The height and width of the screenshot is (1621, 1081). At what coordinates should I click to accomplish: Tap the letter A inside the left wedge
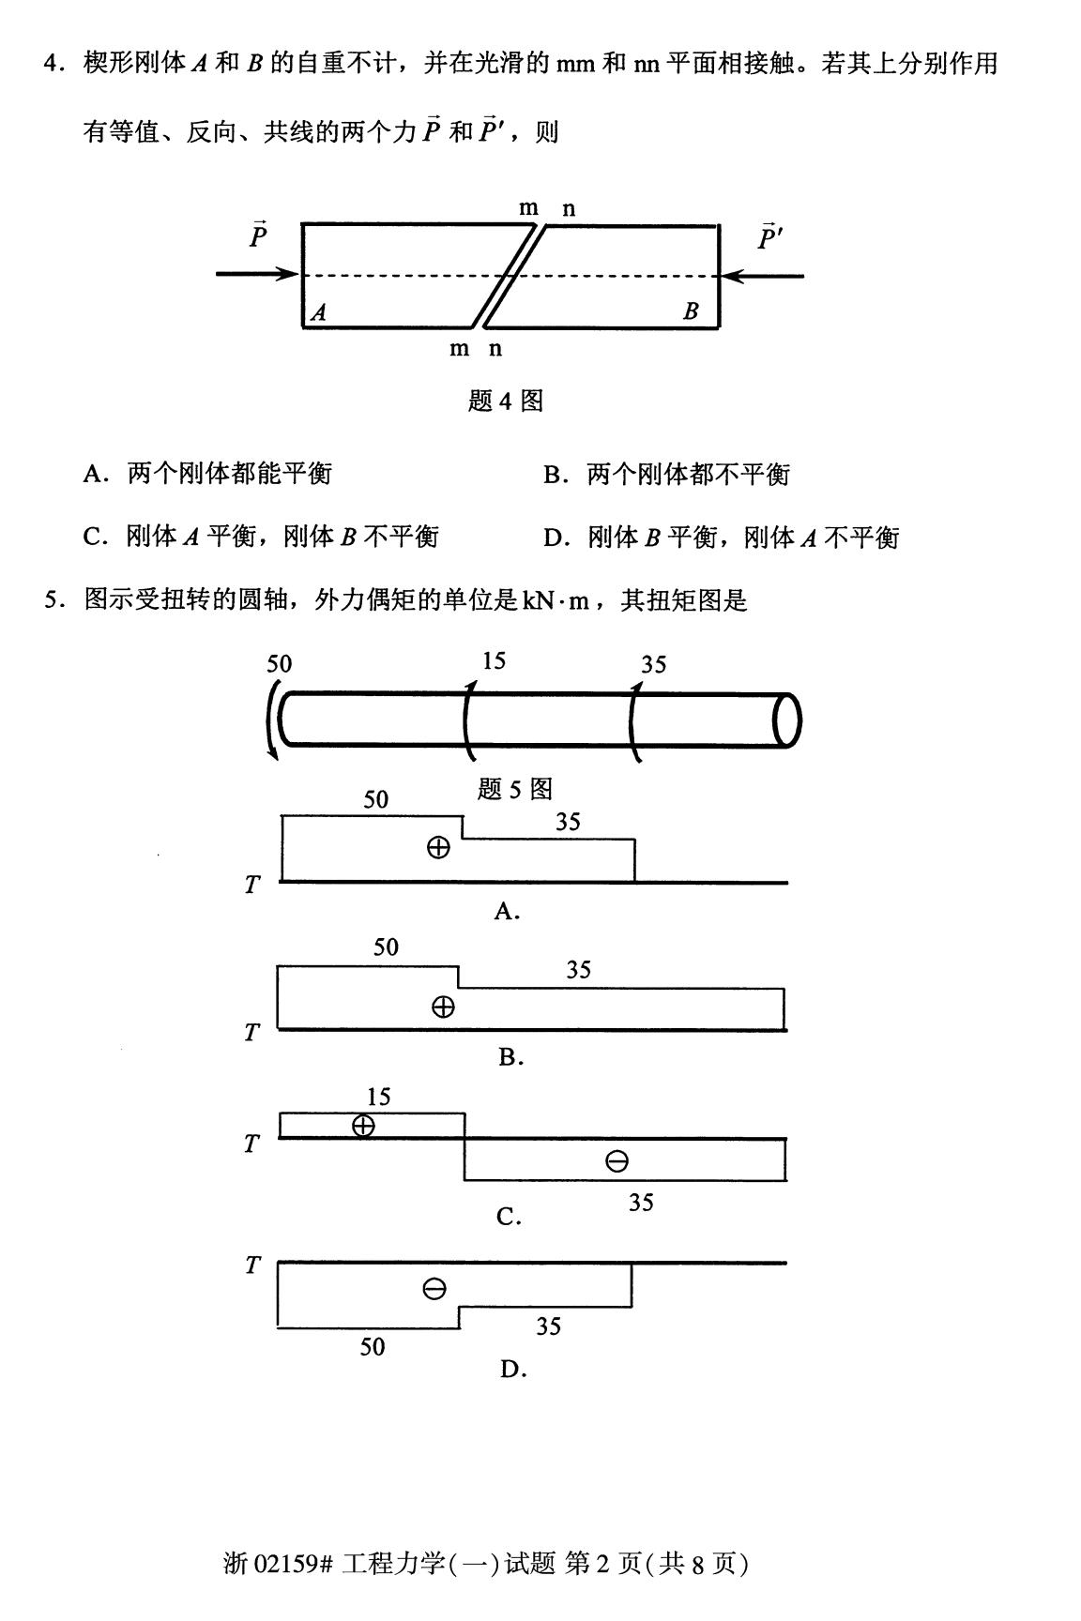tap(319, 312)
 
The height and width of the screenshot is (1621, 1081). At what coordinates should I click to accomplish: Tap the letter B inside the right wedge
tap(691, 311)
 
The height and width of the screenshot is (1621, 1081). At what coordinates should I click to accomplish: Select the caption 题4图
tap(505, 401)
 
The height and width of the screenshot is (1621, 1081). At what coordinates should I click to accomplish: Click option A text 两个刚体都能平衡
tap(229, 474)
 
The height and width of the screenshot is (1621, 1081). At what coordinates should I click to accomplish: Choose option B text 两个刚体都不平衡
tap(688, 475)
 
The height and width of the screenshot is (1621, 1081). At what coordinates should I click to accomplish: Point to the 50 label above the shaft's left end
tap(279, 664)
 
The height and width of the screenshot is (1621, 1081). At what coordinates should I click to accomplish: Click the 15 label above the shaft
tap(494, 661)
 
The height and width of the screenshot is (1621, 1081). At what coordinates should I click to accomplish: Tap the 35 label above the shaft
tap(653, 665)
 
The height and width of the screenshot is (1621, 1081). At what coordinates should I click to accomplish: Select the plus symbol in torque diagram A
tap(438, 848)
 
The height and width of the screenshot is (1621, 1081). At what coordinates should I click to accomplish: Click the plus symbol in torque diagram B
tap(443, 1007)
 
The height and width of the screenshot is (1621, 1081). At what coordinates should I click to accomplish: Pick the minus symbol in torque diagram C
tap(617, 1162)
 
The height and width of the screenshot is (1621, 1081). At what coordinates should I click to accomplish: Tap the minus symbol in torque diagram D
tap(434, 1289)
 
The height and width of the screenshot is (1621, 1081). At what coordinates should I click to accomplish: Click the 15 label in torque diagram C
tap(378, 1097)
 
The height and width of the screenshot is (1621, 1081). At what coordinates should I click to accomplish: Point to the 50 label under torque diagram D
tap(373, 1347)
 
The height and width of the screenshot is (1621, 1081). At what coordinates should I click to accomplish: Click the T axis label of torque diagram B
tap(251, 1033)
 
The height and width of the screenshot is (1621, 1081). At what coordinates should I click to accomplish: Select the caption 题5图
tap(514, 789)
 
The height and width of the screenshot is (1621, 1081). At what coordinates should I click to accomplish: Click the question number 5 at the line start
tap(53, 599)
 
